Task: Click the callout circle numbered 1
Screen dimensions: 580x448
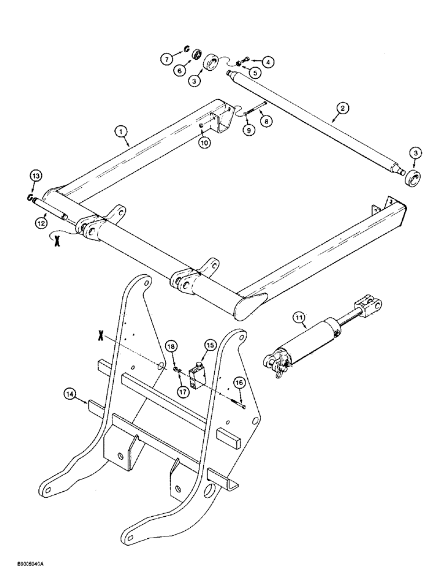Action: click(x=122, y=133)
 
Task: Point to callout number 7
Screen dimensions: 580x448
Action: click(x=165, y=58)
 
